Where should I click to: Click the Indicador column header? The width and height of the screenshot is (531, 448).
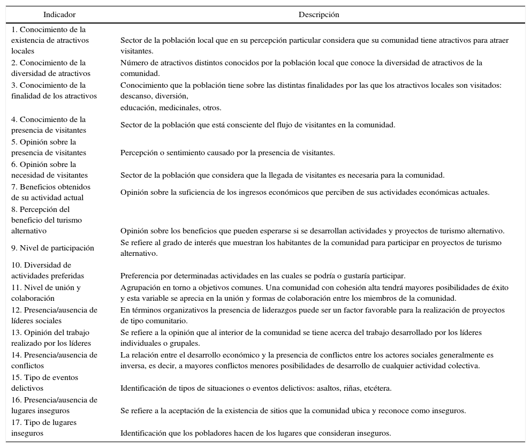pyautogui.click(x=59, y=15)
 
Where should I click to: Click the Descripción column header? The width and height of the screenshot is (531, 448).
pyautogui.click(x=318, y=15)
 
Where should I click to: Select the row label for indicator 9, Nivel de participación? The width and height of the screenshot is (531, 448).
pyautogui.click(x=52, y=248)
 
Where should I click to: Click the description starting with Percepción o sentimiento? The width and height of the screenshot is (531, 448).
pyautogui.click(x=227, y=153)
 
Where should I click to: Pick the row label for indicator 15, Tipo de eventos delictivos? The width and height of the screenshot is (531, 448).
pyautogui.click(x=44, y=383)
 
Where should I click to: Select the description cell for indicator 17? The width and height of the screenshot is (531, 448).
pyautogui.click(x=255, y=434)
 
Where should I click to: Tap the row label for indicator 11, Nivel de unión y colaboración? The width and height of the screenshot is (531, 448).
pyautogui.click(x=45, y=293)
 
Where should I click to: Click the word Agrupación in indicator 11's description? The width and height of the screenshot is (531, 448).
pyautogui.click(x=138, y=287)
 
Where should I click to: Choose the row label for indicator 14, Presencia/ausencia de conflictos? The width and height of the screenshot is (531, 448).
pyautogui.click(x=54, y=360)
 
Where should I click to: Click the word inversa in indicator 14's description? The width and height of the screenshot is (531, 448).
pyautogui.click(x=132, y=366)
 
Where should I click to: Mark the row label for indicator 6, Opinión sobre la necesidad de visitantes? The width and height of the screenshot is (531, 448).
pyautogui.click(x=49, y=170)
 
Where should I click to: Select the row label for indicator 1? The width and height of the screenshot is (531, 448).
pyautogui.click(x=50, y=40)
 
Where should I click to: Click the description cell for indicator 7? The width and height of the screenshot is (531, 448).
pyautogui.click(x=305, y=193)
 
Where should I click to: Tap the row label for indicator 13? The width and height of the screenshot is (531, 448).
pyautogui.click(x=51, y=338)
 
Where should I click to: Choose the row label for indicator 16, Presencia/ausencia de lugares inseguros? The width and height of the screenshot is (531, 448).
pyautogui.click(x=54, y=405)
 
